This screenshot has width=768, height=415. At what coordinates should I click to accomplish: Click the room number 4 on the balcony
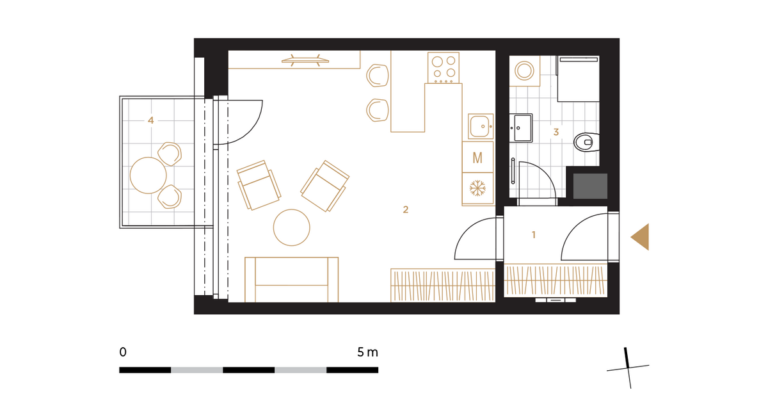click(x=150, y=120)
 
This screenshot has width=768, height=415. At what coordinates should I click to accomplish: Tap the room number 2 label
click(x=406, y=209)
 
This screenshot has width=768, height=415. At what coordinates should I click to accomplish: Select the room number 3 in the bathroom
click(x=556, y=132)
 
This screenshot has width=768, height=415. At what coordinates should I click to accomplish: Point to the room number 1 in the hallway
click(x=534, y=234)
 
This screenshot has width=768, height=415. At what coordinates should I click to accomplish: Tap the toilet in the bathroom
click(x=587, y=142)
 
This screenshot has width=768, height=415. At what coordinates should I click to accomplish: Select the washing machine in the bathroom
click(x=525, y=71)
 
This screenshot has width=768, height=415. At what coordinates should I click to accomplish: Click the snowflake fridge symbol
click(x=477, y=189)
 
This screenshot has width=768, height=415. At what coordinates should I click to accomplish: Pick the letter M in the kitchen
click(x=477, y=158)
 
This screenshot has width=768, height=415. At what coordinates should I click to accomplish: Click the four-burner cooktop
click(x=444, y=68)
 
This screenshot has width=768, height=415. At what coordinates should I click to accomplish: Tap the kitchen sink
click(x=481, y=126)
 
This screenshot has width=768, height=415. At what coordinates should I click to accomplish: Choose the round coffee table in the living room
click(x=291, y=227)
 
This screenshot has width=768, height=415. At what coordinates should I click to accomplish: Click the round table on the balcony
click(x=148, y=175)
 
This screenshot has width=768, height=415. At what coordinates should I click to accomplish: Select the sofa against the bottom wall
click(x=291, y=279)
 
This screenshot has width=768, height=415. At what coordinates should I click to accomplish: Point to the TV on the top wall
click(x=305, y=61)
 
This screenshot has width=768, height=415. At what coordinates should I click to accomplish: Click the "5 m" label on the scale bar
click(x=367, y=352)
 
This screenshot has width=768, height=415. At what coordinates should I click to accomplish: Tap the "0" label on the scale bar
click(x=123, y=352)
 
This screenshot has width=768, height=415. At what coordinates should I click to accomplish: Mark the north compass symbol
click(x=628, y=368)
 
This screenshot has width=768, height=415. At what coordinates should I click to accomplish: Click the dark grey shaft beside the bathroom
click(x=590, y=186)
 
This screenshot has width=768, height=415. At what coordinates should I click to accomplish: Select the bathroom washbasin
click(x=521, y=128)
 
